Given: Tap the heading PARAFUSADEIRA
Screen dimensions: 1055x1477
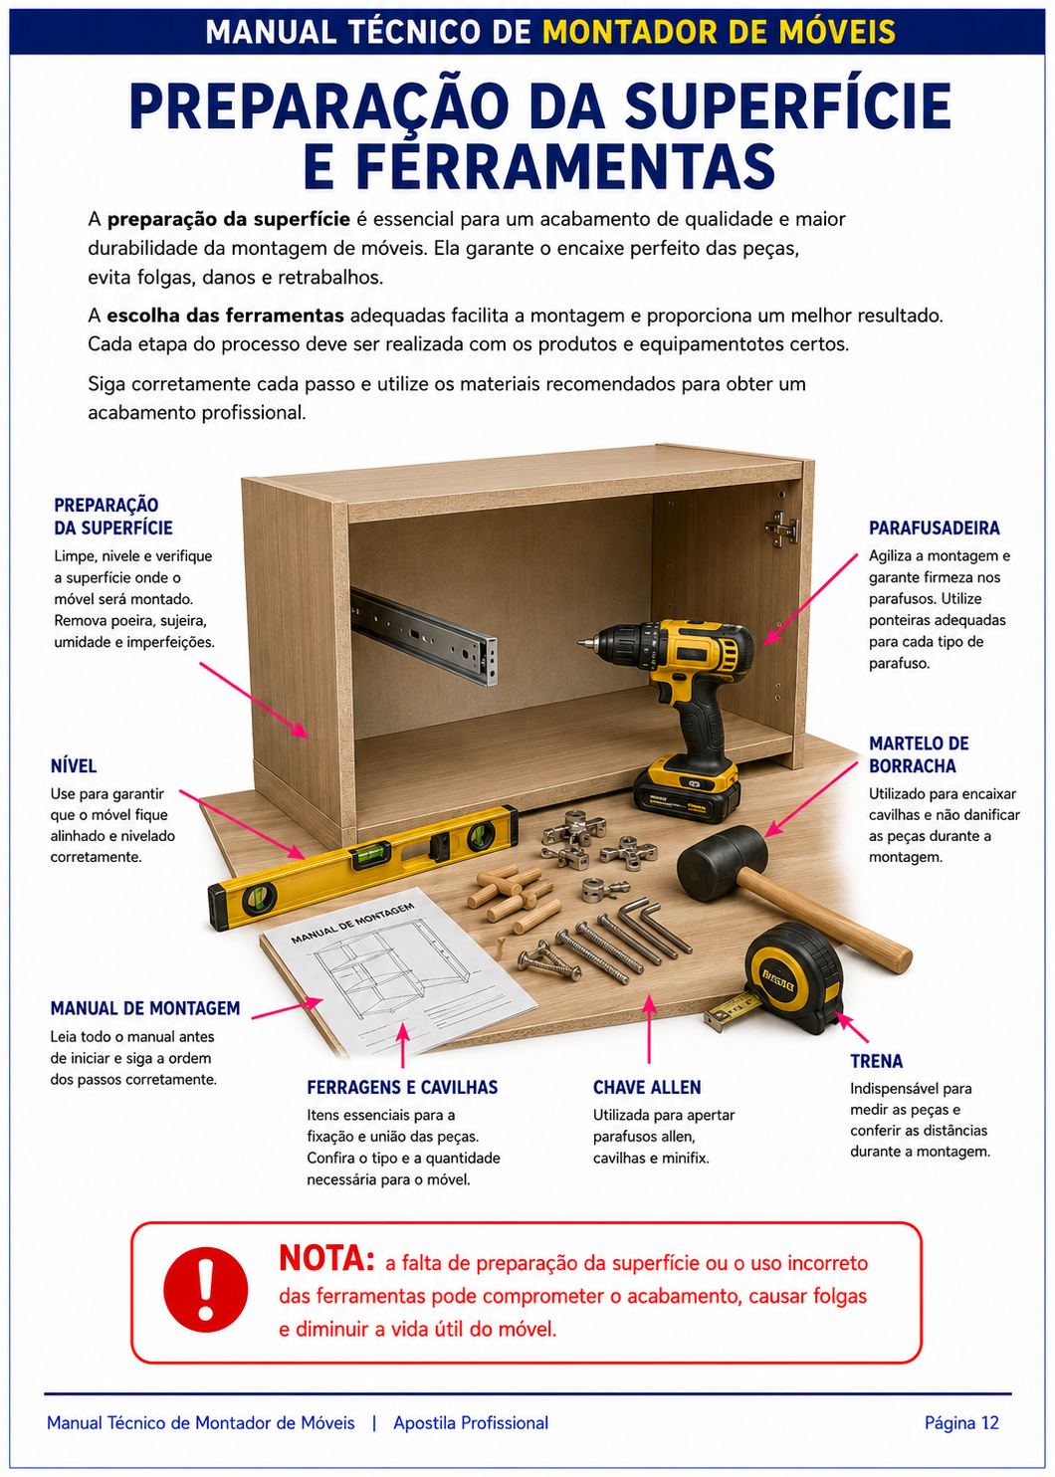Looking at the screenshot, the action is point(934,528).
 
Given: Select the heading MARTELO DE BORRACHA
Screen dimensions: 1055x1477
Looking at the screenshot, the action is point(919,754).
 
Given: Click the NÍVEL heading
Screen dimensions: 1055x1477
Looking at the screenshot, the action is point(74,765).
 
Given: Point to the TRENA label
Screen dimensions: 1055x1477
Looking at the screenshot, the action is point(876,1061).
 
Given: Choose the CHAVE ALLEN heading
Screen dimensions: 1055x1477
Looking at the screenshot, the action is point(647,1087).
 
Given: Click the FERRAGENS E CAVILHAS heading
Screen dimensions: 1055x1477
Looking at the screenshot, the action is point(402,1087).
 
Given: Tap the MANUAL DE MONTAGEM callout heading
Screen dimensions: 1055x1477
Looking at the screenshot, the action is point(145,1008).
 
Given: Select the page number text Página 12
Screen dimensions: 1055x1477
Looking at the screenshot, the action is point(961,1422).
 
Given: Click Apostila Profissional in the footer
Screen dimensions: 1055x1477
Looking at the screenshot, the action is point(471,1422).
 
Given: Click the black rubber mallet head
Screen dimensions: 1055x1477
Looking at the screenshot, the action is point(723,863).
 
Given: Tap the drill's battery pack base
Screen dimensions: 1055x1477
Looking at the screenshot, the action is point(686,788).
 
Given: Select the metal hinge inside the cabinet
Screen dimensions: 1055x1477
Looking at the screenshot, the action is point(782,528).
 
